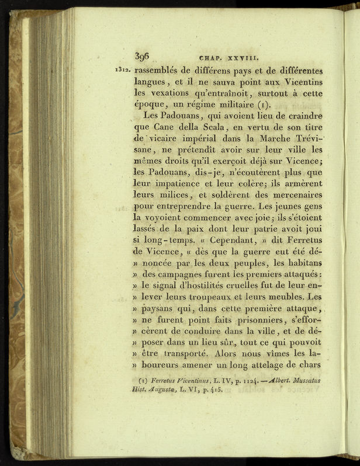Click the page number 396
point(143,56)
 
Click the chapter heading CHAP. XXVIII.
point(225,58)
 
